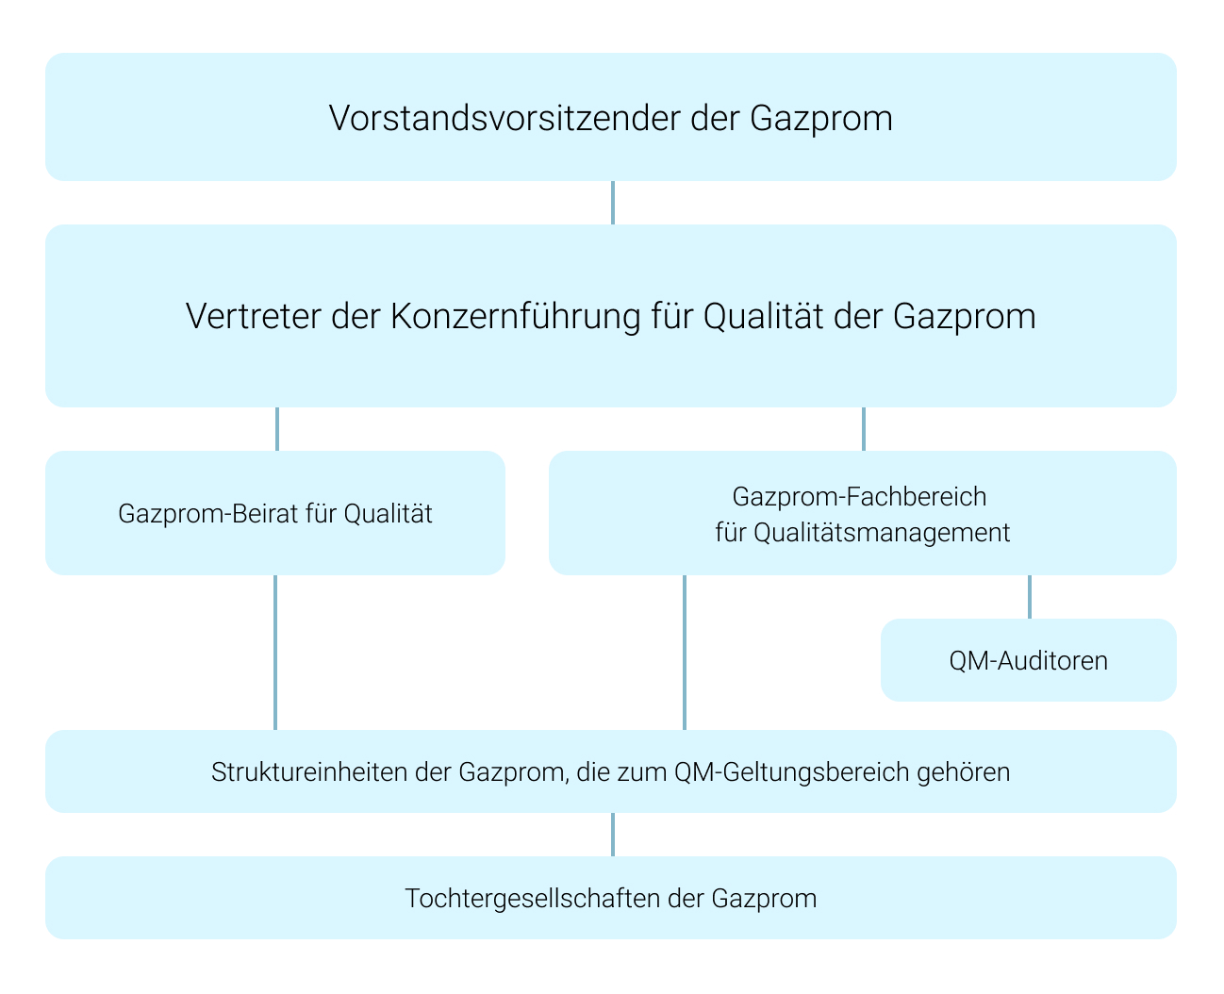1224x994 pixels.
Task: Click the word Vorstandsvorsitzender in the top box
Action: (x=504, y=119)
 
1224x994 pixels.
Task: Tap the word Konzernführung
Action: (x=516, y=316)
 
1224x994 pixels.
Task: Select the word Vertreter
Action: (x=253, y=316)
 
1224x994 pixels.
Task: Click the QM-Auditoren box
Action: (x=1029, y=660)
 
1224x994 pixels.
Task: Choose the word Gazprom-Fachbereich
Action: (x=859, y=496)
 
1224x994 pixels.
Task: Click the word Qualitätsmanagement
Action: (x=882, y=533)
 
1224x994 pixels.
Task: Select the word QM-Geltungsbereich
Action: (x=792, y=772)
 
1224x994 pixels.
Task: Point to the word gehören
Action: (x=964, y=772)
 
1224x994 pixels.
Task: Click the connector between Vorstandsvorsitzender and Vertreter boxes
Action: (x=613, y=203)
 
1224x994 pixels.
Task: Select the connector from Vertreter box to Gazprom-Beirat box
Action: (x=277, y=429)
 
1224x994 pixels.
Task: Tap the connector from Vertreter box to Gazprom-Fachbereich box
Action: (x=863, y=429)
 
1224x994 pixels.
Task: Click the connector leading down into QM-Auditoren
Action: (x=1029, y=597)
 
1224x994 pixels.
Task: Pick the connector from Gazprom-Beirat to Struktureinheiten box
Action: (x=275, y=653)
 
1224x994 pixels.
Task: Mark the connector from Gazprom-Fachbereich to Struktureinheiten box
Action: (x=685, y=653)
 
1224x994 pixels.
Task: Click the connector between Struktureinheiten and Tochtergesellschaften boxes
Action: (x=613, y=835)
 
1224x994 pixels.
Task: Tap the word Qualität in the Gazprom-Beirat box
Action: (x=388, y=514)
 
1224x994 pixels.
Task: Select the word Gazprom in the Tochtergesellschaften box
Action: (x=764, y=899)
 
